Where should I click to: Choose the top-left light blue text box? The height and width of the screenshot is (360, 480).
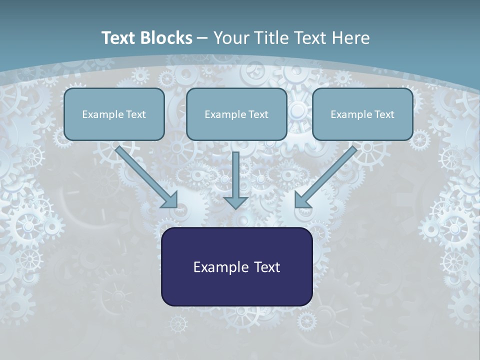[x=114, y=114]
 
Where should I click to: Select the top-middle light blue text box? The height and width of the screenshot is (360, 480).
[x=236, y=114]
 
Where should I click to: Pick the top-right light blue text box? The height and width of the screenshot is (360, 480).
[x=362, y=114]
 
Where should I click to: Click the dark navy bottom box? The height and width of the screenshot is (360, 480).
[x=237, y=267]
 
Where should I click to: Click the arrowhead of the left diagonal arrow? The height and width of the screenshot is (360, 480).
[x=170, y=200]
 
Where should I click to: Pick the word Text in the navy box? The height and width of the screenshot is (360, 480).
[x=267, y=267]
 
